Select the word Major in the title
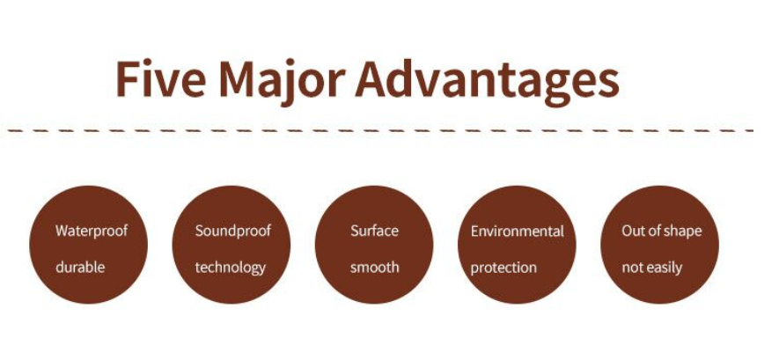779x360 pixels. [x=282, y=82]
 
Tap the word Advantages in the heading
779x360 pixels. [x=488, y=82]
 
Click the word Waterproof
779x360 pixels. [x=92, y=231]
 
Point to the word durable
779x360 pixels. [x=80, y=268]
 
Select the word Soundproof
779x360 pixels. [x=233, y=231]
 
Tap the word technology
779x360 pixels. [x=230, y=268]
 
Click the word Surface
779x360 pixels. [x=374, y=231]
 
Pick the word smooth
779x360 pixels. [x=375, y=268]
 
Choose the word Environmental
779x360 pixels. [x=518, y=231]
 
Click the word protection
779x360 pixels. [x=503, y=268]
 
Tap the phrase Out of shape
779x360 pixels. [x=661, y=231]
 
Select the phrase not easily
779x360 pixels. [x=652, y=268]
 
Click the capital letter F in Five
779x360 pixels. [x=127, y=78]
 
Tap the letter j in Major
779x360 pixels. [x=295, y=84]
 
